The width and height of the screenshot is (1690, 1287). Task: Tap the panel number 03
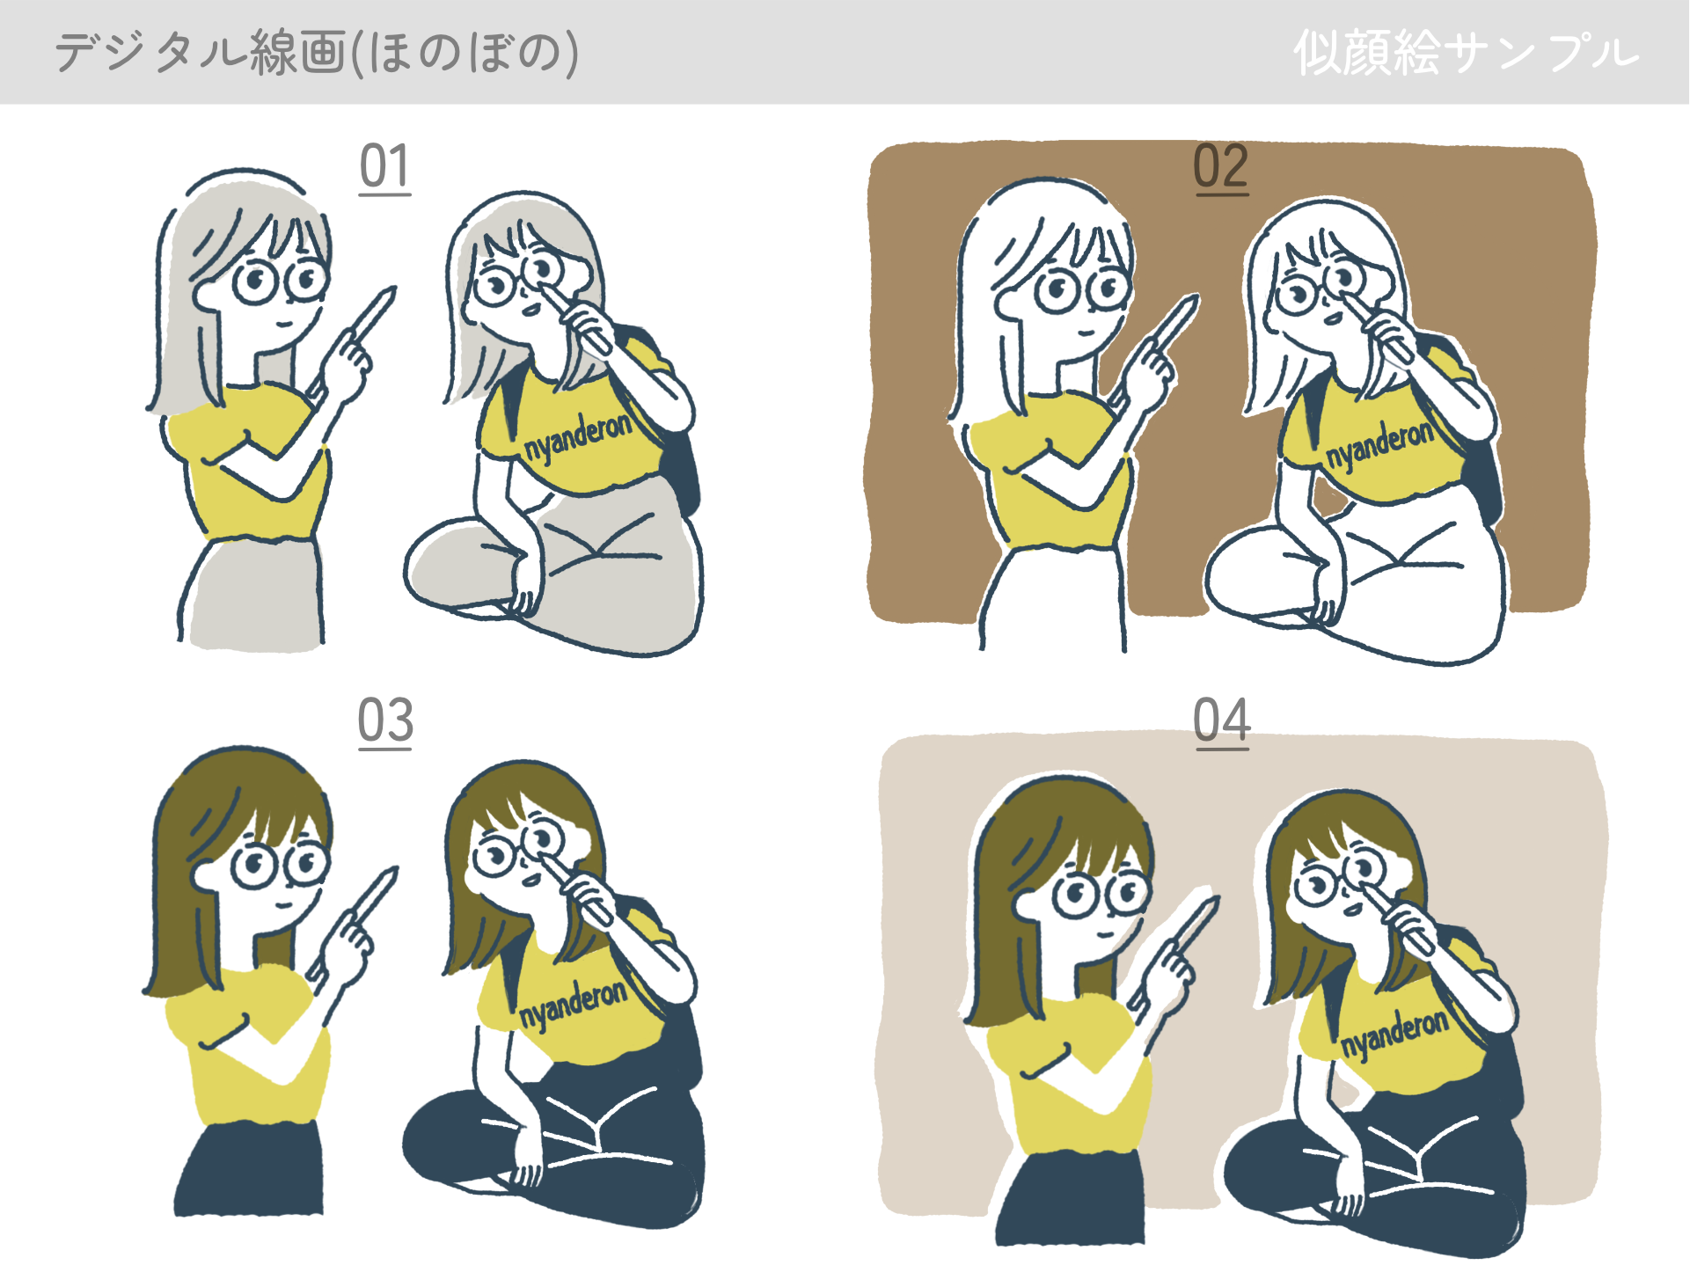tap(385, 721)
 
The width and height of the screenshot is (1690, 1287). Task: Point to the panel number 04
tap(1222, 721)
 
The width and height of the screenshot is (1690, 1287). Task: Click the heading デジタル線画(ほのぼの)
tap(317, 53)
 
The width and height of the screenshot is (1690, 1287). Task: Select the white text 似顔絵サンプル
tap(1467, 53)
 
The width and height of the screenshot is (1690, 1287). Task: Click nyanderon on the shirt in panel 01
tap(578, 437)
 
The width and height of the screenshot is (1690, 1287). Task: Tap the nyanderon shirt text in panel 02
tap(1379, 444)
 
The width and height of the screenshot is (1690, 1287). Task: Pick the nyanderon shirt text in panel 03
tap(574, 1003)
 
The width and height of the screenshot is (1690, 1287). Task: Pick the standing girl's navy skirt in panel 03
tap(250, 1170)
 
